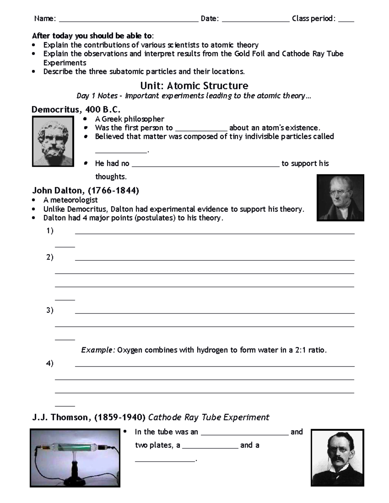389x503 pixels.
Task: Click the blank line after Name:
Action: [x=129, y=20]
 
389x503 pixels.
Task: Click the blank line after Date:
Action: [x=256, y=20]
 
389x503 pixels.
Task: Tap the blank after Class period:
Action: [x=346, y=20]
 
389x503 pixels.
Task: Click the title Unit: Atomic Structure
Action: [x=194, y=86]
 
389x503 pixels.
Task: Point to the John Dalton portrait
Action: [x=340, y=198]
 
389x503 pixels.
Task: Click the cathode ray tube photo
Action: [x=75, y=458]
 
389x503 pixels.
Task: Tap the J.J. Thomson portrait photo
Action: [x=337, y=458]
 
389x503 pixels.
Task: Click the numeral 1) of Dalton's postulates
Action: [x=50, y=231]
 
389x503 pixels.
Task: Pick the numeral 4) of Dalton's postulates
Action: [x=50, y=363]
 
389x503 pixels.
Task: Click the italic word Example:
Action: [x=98, y=350]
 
